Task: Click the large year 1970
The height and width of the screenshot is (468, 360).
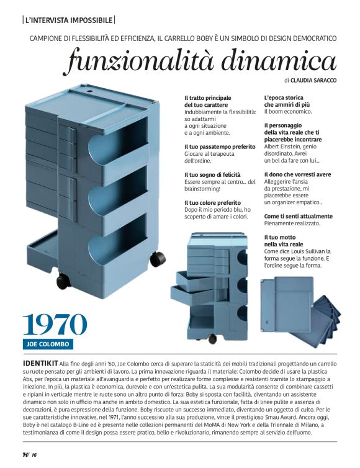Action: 55,323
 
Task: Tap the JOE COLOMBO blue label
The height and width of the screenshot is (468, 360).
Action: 48,344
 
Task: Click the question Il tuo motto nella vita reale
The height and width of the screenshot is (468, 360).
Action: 283,241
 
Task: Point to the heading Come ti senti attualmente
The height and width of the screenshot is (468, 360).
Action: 298,216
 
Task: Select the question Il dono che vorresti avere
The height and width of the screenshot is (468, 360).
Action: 297,175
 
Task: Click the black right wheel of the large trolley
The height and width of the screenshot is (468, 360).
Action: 157,258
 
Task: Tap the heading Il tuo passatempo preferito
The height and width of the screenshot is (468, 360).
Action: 220,147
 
